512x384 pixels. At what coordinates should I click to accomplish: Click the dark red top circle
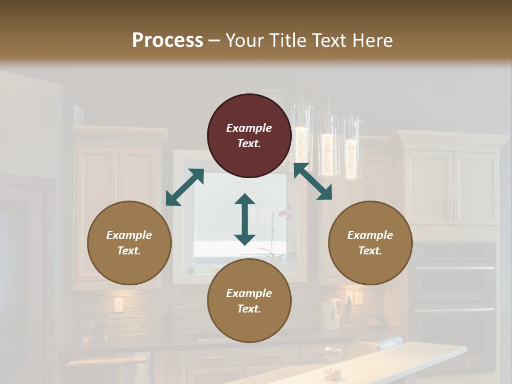point(249,136)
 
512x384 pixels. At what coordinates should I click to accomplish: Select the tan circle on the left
point(129,243)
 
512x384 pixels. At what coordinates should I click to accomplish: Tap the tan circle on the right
point(370,243)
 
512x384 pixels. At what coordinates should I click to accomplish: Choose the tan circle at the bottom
point(249,301)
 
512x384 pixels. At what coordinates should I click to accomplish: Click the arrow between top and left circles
point(185,187)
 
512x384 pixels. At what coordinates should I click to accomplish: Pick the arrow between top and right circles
point(313,182)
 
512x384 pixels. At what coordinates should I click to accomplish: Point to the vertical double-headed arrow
point(245,219)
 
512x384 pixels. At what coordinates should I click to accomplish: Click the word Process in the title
point(167,40)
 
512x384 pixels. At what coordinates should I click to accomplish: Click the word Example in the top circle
point(249,128)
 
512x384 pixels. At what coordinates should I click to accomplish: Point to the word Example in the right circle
point(370,235)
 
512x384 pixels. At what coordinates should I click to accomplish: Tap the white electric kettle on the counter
point(332,313)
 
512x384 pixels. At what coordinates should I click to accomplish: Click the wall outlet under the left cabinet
point(118,305)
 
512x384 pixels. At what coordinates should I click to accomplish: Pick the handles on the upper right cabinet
point(453,211)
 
